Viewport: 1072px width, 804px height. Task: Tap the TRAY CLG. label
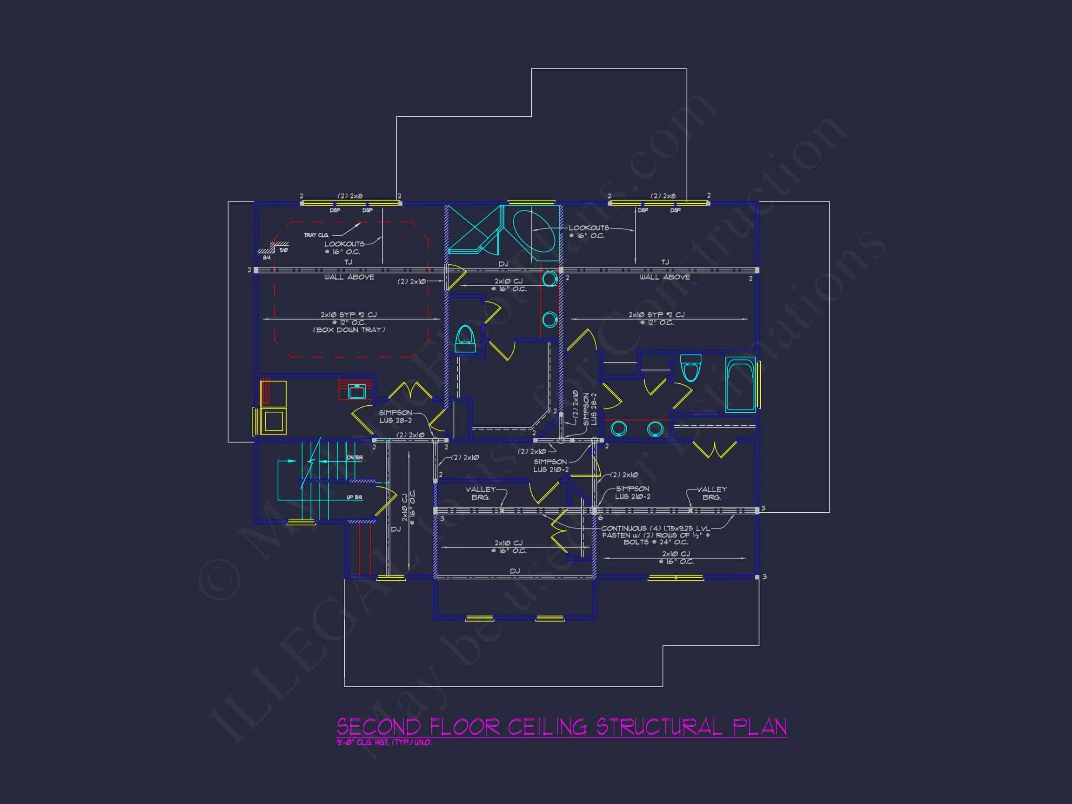click(x=316, y=235)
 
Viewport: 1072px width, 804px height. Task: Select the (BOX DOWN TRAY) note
click(x=349, y=330)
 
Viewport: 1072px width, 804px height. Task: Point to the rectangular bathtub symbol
click(x=740, y=385)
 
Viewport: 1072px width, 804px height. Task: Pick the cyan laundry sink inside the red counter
click(x=357, y=391)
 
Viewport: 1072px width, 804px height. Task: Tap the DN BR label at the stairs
click(x=354, y=457)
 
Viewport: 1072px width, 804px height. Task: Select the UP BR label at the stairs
click(x=354, y=497)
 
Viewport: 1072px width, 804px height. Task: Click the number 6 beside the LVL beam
click(x=601, y=517)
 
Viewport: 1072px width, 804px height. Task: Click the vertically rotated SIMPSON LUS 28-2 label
click(x=590, y=409)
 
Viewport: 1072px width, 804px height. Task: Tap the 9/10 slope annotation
click(x=283, y=250)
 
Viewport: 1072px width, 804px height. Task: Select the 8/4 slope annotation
click(x=267, y=257)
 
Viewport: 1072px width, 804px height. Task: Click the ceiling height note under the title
click(x=384, y=743)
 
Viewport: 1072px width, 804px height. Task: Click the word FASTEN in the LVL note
click(x=616, y=535)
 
